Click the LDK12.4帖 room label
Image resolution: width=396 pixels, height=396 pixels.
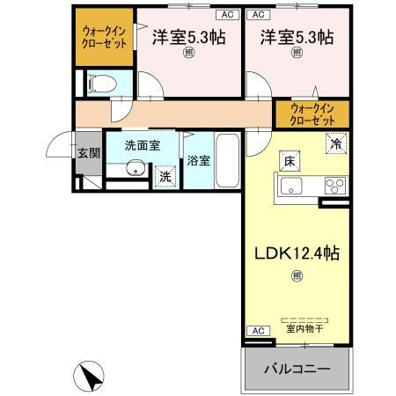point(297,253)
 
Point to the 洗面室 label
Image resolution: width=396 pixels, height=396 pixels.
point(141,145)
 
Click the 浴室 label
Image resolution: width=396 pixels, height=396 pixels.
point(198,161)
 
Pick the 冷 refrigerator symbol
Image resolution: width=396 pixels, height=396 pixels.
point(335,142)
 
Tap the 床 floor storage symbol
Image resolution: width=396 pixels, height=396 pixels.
point(290,160)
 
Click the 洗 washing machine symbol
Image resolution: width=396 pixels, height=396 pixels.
point(165,177)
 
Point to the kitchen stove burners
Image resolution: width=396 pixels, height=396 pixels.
point(335,186)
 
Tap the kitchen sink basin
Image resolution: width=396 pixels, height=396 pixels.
point(291,187)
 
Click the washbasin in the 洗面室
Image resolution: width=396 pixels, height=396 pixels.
point(135,170)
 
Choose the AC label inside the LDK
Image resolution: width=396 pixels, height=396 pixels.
point(258,330)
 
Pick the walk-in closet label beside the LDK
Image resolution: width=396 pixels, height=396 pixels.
point(312,114)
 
